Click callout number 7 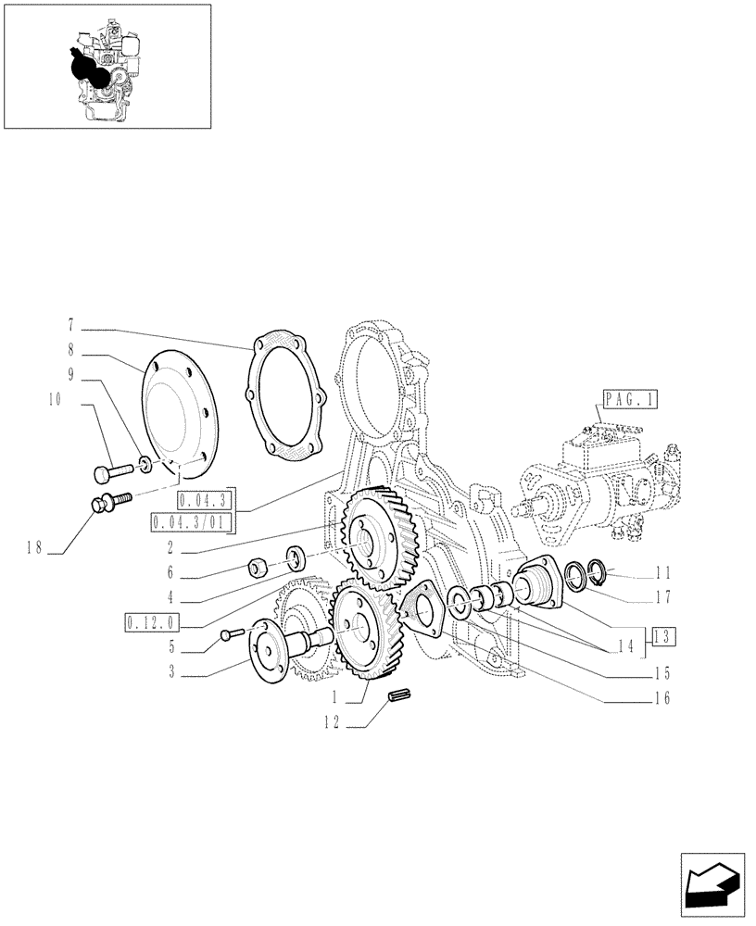70,326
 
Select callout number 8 70,352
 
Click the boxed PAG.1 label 628,399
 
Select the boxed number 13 663,636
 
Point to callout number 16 661,697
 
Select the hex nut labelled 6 260,566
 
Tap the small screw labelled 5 233,634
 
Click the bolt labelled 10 107,474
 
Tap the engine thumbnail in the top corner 107,66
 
